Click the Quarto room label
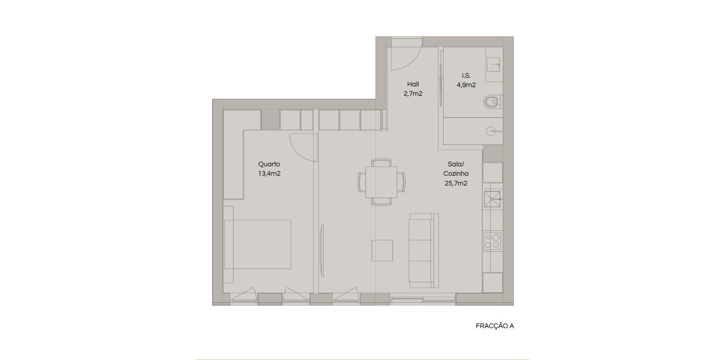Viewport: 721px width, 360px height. [x=269, y=164]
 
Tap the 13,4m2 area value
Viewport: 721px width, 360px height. [x=269, y=174]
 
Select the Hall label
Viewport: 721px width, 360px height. [x=413, y=84]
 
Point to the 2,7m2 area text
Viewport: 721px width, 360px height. [x=413, y=93]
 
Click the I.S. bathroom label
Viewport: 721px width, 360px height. [x=466, y=75]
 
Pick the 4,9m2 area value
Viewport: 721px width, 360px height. [x=466, y=85]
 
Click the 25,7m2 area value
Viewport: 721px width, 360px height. [x=456, y=183]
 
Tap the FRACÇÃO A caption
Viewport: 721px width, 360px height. [x=495, y=326]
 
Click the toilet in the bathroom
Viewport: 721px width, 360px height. [x=493, y=101]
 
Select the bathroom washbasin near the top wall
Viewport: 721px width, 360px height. [x=494, y=64]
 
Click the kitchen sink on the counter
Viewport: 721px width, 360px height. [x=492, y=199]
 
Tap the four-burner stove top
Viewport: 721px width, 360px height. [x=492, y=241]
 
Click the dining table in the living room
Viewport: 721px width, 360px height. [x=381, y=182]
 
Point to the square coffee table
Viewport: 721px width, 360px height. [x=382, y=250]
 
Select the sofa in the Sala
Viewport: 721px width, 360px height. [x=424, y=250]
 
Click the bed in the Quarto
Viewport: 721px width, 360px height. [x=258, y=244]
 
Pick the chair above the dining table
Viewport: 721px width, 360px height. [x=381, y=162]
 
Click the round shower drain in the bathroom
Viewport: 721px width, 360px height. [x=491, y=131]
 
